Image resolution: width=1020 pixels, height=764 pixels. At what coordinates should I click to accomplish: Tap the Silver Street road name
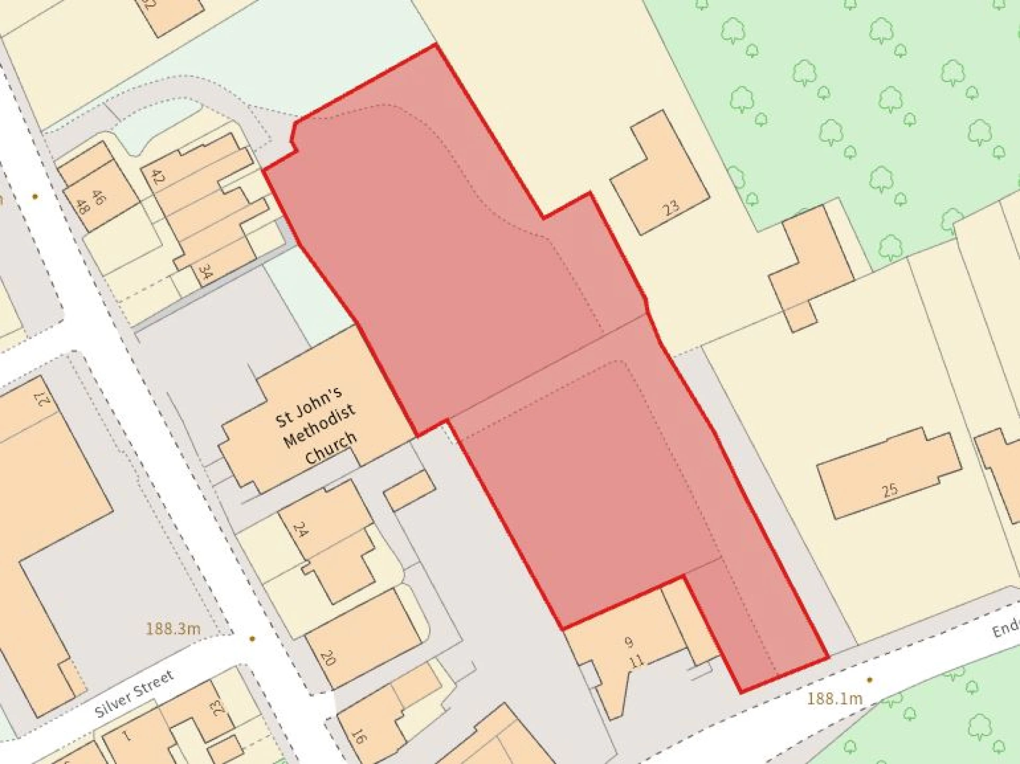134,693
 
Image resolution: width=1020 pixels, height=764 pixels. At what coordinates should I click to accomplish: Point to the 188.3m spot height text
173,629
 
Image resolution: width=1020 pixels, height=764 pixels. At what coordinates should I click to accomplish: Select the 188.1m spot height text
835,699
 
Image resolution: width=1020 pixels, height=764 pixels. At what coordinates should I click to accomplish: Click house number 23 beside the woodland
671,206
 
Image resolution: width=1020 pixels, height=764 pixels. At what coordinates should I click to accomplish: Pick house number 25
890,489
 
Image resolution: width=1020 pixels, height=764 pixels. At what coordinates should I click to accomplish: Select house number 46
98,197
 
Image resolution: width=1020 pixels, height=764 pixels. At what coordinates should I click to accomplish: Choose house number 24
300,529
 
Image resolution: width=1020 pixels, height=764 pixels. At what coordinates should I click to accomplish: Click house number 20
328,658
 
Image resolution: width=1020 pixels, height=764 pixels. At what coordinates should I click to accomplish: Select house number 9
629,643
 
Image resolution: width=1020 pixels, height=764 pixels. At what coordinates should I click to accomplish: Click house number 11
636,661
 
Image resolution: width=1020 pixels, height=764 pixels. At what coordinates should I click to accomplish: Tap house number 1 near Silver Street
126,736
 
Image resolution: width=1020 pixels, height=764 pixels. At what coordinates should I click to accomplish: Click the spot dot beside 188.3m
252,639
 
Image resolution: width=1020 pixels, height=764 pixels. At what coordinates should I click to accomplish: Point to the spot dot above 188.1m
869,680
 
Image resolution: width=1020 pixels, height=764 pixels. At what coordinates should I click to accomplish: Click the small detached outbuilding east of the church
409,490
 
